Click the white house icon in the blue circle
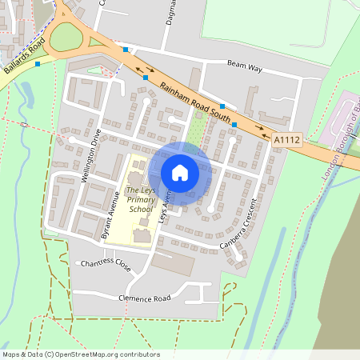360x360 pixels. (x=180, y=172)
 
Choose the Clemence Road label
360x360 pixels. (x=145, y=298)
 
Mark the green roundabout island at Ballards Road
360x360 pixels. (x=66, y=37)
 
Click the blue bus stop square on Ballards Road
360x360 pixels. (x=37, y=63)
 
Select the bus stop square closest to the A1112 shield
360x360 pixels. (x=234, y=125)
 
